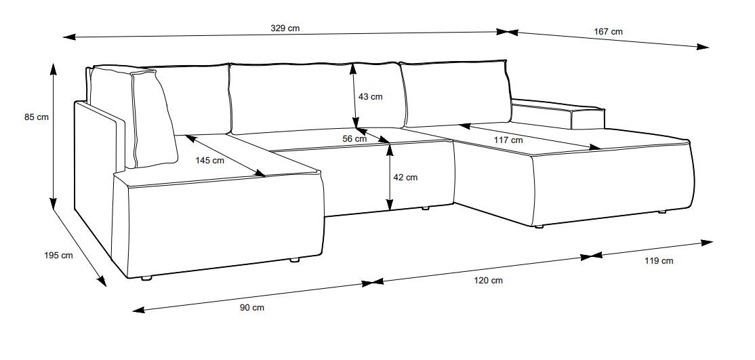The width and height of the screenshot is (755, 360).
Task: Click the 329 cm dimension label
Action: (x=285, y=28)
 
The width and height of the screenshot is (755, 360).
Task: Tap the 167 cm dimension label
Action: (x=608, y=32)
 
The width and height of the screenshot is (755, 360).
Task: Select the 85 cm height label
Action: (x=37, y=117)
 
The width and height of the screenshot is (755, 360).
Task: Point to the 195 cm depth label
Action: (x=58, y=256)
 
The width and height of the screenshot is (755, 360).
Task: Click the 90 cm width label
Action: (x=252, y=308)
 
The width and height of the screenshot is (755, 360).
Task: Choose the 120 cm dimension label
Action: (x=488, y=281)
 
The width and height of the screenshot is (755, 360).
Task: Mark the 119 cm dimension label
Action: (x=659, y=261)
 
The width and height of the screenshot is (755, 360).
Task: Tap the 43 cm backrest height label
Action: (x=370, y=97)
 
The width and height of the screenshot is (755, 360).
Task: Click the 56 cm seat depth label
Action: (x=354, y=139)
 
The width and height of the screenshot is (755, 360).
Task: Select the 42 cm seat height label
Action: (x=405, y=178)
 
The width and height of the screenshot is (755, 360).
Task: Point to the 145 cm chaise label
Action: (x=210, y=161)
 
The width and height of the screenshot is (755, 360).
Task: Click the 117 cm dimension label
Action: (x=508, y=140)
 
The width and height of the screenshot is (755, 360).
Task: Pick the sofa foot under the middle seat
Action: (x=425, y=208)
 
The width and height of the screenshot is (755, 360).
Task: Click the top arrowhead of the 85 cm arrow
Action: (x=53, y=68)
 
